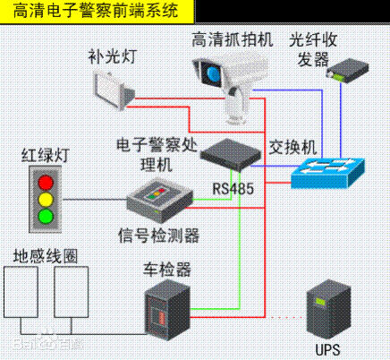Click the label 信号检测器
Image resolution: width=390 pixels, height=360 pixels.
coord(158,236)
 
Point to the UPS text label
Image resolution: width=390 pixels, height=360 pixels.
coord(328,347)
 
